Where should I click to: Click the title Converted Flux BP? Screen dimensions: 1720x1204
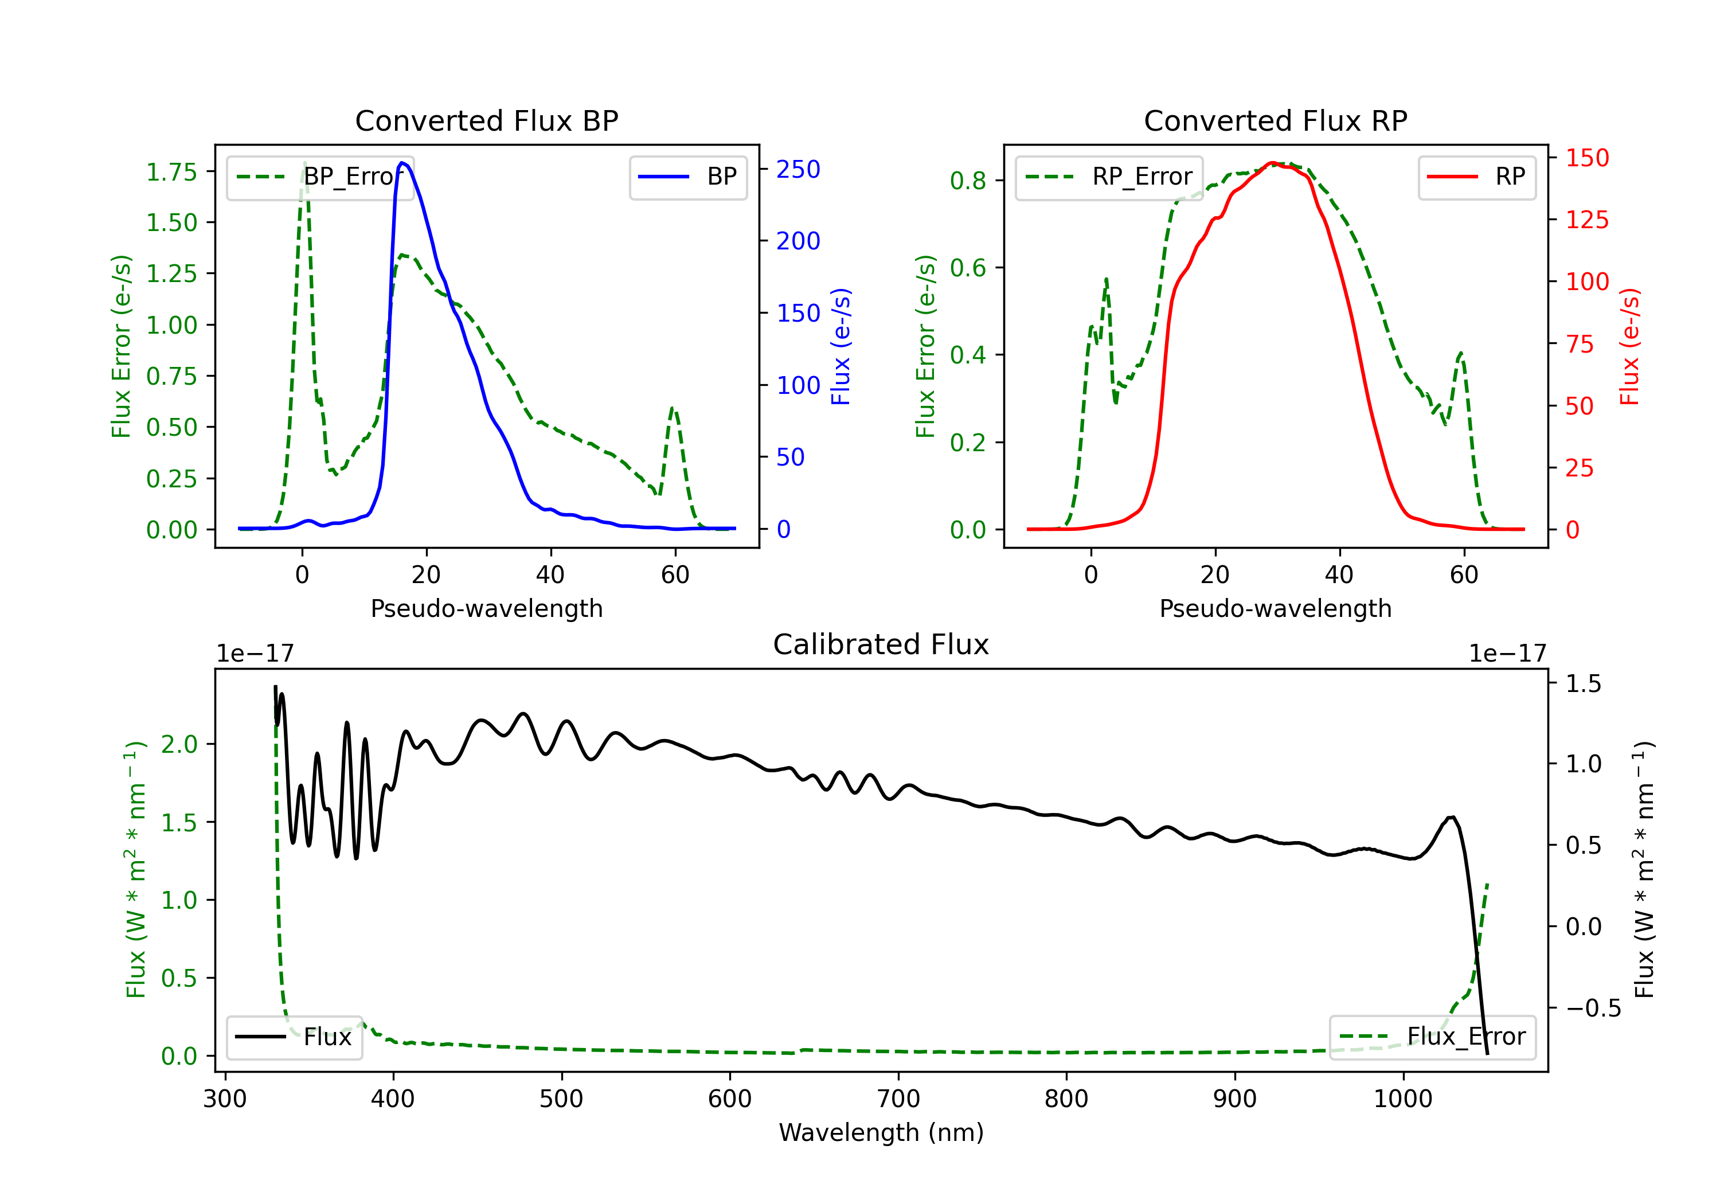pyautogui.click(x=487, y=120)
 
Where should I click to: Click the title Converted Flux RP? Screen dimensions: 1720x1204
pyautogui.click(x=1276, y=120)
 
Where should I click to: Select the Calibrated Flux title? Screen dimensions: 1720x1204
pyautogui.click(x=881, y=644)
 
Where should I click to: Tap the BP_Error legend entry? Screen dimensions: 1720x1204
pyautogui.click(x=320, y=178)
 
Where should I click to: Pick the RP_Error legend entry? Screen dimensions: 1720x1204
pyautogui.click(x=1109, y=178)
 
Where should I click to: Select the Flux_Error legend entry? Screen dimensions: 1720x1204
pyautogui.click(x=1432, y=1037)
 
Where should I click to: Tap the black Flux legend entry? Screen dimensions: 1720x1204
pyautogui.click(x=294, y=1037)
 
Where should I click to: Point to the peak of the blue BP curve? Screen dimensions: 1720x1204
pyautogui.click(x=402, y=163)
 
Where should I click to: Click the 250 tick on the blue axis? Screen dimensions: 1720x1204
pyautogui.click(x=798, y=169)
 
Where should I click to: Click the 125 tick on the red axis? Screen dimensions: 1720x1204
pyautogui.click(x=1586, y=220)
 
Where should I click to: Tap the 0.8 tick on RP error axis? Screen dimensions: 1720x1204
pyautogui.click(x=968, y=181)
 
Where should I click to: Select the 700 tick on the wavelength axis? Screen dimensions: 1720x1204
pyautogui.click(x=898, y=1099)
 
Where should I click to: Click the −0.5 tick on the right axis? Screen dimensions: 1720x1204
pyautogui.click(x=1593, y=1008)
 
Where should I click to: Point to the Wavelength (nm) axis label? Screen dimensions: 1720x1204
pyautogui.click(x=881, y=1133)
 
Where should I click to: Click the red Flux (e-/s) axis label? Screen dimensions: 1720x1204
pyautogui.click(x=1629, y=347)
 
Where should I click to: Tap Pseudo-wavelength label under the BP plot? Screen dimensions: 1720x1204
pyautogui.click(x=487, y=608)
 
